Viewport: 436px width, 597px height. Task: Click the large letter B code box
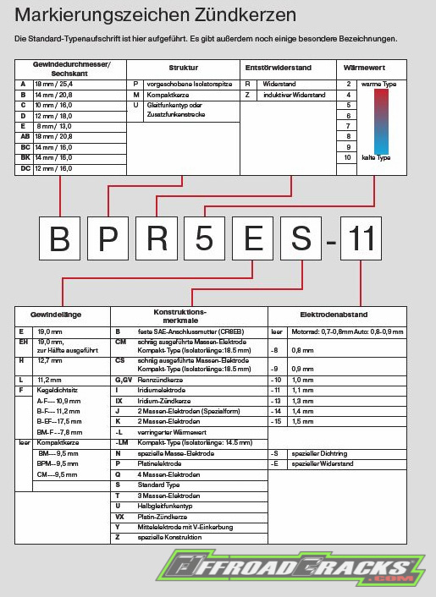59,240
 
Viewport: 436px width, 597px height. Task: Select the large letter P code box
108,240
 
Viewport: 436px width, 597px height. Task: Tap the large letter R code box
157,240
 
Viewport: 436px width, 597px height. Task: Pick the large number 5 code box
205,240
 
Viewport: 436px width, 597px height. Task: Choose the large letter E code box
253,240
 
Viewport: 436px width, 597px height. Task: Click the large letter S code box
302,240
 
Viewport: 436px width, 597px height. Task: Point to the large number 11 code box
362,240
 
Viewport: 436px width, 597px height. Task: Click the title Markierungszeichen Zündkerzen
155,16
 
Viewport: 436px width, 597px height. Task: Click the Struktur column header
183,67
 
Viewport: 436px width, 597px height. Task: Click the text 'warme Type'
378,85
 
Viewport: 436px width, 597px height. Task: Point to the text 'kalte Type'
377,157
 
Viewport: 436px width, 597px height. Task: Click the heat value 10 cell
347,157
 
